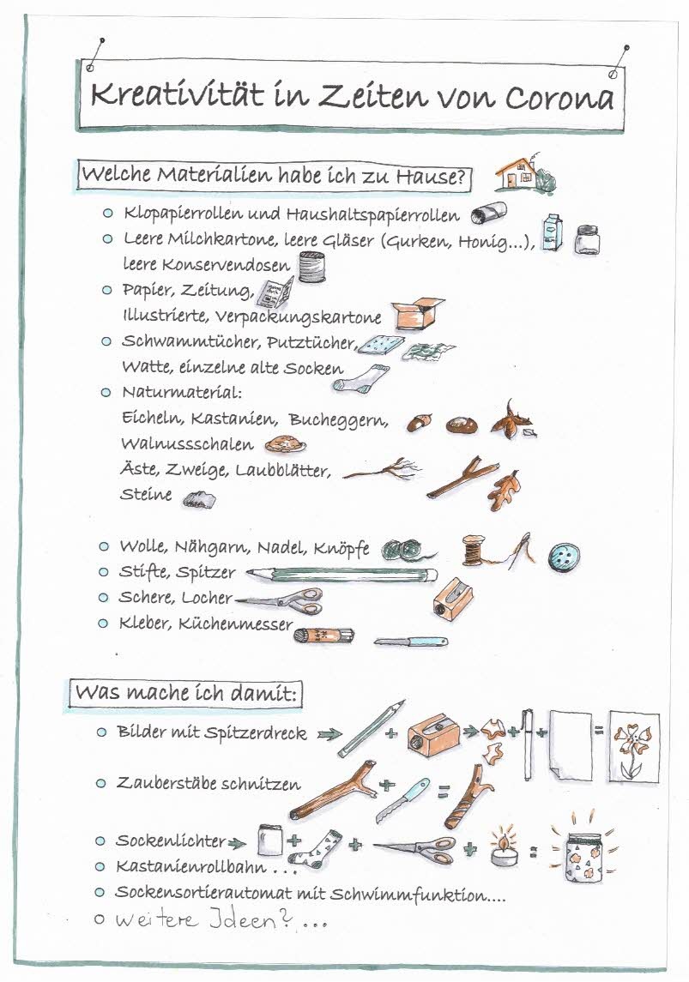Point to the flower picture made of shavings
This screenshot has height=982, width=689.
[633, 745]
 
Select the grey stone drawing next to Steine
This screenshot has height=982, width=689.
[200, 497]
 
